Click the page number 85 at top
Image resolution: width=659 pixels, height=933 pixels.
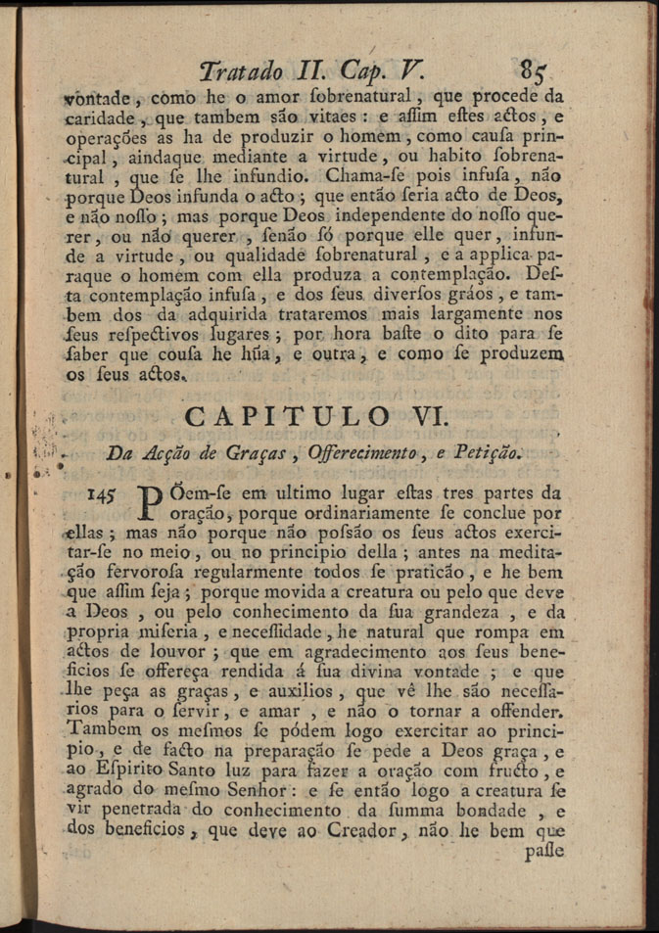(x=538, y=71)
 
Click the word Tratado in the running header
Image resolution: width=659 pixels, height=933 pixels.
(x=241, y=71)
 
